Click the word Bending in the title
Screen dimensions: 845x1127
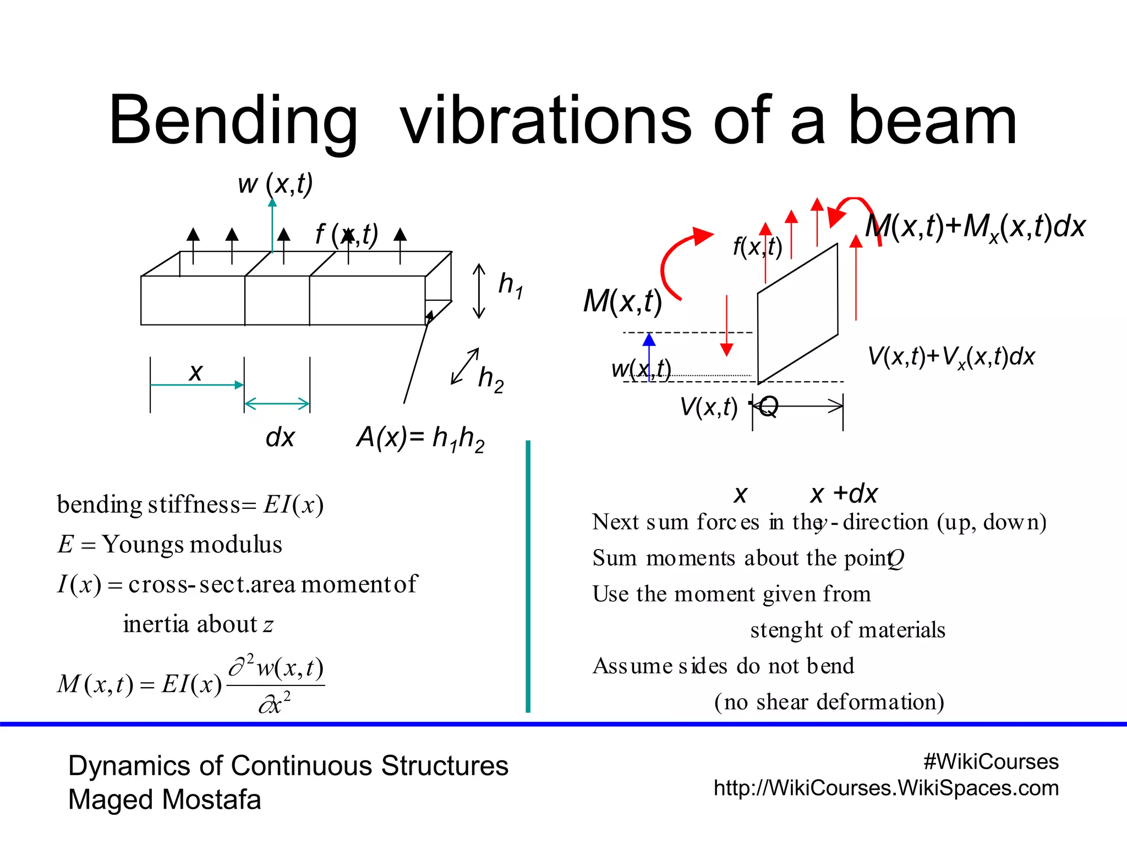tap(233, 121)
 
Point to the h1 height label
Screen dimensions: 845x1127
tap(510, 285)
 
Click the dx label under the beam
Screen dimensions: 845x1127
tap(280, 438)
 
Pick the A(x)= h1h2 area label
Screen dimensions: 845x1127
tap(420, 439)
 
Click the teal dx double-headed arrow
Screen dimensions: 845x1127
tap(277, 404)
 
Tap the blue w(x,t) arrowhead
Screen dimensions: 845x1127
tap(649, 339)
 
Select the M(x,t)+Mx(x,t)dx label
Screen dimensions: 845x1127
tap(975, 227)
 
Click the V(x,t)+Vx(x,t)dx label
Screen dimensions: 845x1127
tap(951, 357)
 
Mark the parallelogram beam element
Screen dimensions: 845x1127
tap(797, 314)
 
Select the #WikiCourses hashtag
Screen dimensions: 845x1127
tap(991, 762)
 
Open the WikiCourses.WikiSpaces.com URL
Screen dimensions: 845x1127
tap(886, 788)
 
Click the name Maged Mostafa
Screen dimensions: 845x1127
tap(165, 799)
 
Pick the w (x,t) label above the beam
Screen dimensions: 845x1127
tap(275, 184)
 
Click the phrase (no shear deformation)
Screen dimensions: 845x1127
tap(829, 702)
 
